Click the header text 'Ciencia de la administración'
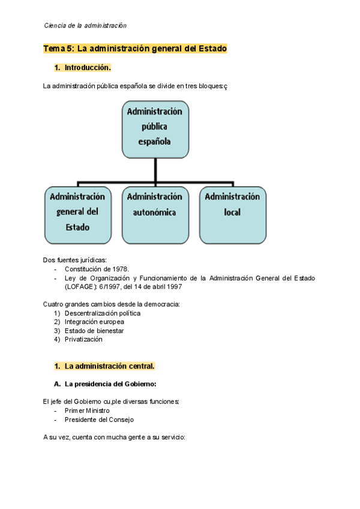coord(85,26)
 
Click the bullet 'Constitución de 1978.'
coord(97,270)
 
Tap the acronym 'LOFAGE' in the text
coord(81,287)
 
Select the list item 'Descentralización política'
coord(103,313)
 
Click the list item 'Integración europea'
coord(94,322)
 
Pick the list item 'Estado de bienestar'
coord(94,331)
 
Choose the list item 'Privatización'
coord(83,339)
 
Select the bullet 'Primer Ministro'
coord(87,411)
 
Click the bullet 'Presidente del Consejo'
coord(99,420)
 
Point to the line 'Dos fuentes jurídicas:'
coord(75,261)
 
